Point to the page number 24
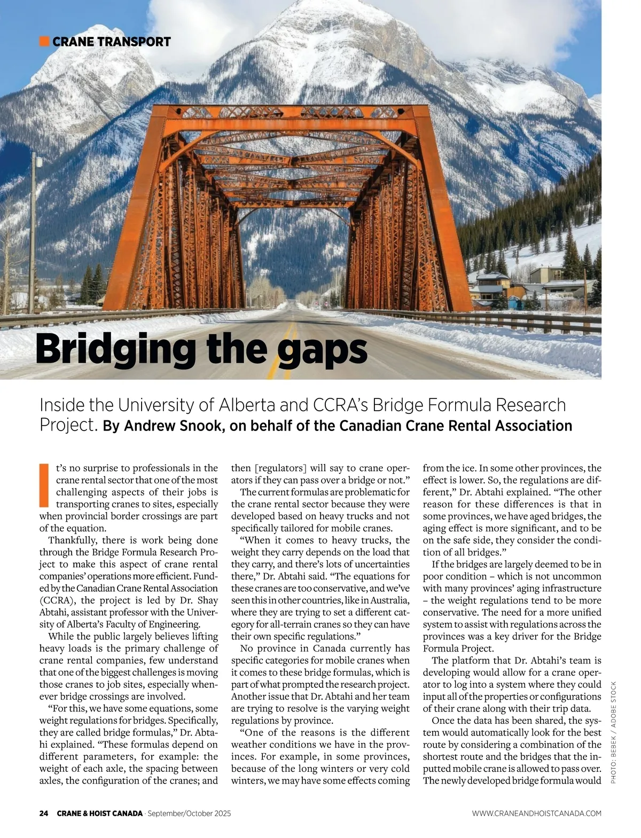[x=44, y=813]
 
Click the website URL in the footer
[x=536, y=813]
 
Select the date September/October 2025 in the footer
[x=189, y=813]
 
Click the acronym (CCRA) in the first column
[x=58, y=600]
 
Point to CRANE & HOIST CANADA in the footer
[x=100, y=813]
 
